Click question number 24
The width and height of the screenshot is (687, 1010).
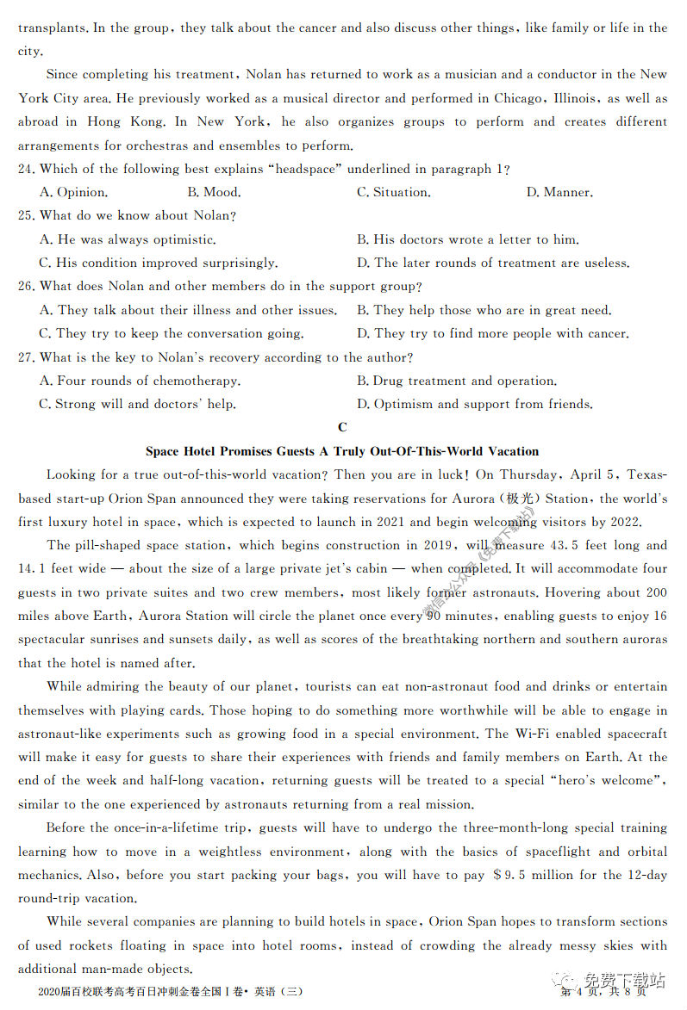coord(27,169)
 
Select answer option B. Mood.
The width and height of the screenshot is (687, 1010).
coord(214,192)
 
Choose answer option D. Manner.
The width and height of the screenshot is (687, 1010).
coord(559,192)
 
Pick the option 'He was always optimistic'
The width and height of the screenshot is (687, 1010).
coord(128,239)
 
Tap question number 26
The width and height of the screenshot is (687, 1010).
coord(27,286)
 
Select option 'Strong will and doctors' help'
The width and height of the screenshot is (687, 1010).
coord(137,404)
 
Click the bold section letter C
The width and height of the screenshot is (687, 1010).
coord(343,428)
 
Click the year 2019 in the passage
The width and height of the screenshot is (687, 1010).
coord(439,545)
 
